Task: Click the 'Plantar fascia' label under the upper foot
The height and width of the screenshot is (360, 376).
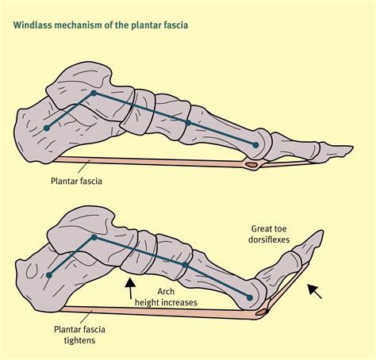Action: click(76, 181)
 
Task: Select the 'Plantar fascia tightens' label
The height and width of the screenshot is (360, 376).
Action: click(79, 335)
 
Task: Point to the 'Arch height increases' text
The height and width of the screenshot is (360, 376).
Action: click(166, 297)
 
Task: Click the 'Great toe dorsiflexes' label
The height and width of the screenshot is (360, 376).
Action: click(269, 234)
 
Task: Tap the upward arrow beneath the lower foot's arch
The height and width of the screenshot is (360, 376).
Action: click(130, 288)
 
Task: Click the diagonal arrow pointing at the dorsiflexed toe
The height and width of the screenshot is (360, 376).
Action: click(315, 291)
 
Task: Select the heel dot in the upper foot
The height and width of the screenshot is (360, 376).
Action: click(47, 128)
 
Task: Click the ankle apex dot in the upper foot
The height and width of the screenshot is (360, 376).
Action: click(94, 93)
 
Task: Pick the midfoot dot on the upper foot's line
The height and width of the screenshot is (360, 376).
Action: click(188, 123)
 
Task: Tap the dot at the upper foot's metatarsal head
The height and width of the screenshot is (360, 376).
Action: click(255, 145)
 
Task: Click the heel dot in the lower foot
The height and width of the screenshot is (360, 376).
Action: click(49, 275)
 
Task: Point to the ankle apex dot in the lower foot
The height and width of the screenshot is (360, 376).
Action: click(94, 237)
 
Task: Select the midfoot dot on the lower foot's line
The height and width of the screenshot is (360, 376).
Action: click(185, 265)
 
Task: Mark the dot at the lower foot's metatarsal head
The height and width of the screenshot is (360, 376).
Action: click(249, 298)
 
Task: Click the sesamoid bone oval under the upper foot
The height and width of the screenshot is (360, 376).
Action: click(251, 165)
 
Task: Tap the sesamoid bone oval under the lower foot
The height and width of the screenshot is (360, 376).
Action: click(261, 312)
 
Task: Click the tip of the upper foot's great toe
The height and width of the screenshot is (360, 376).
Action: click(353, 147)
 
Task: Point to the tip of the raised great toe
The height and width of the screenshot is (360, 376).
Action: click(322, 231)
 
